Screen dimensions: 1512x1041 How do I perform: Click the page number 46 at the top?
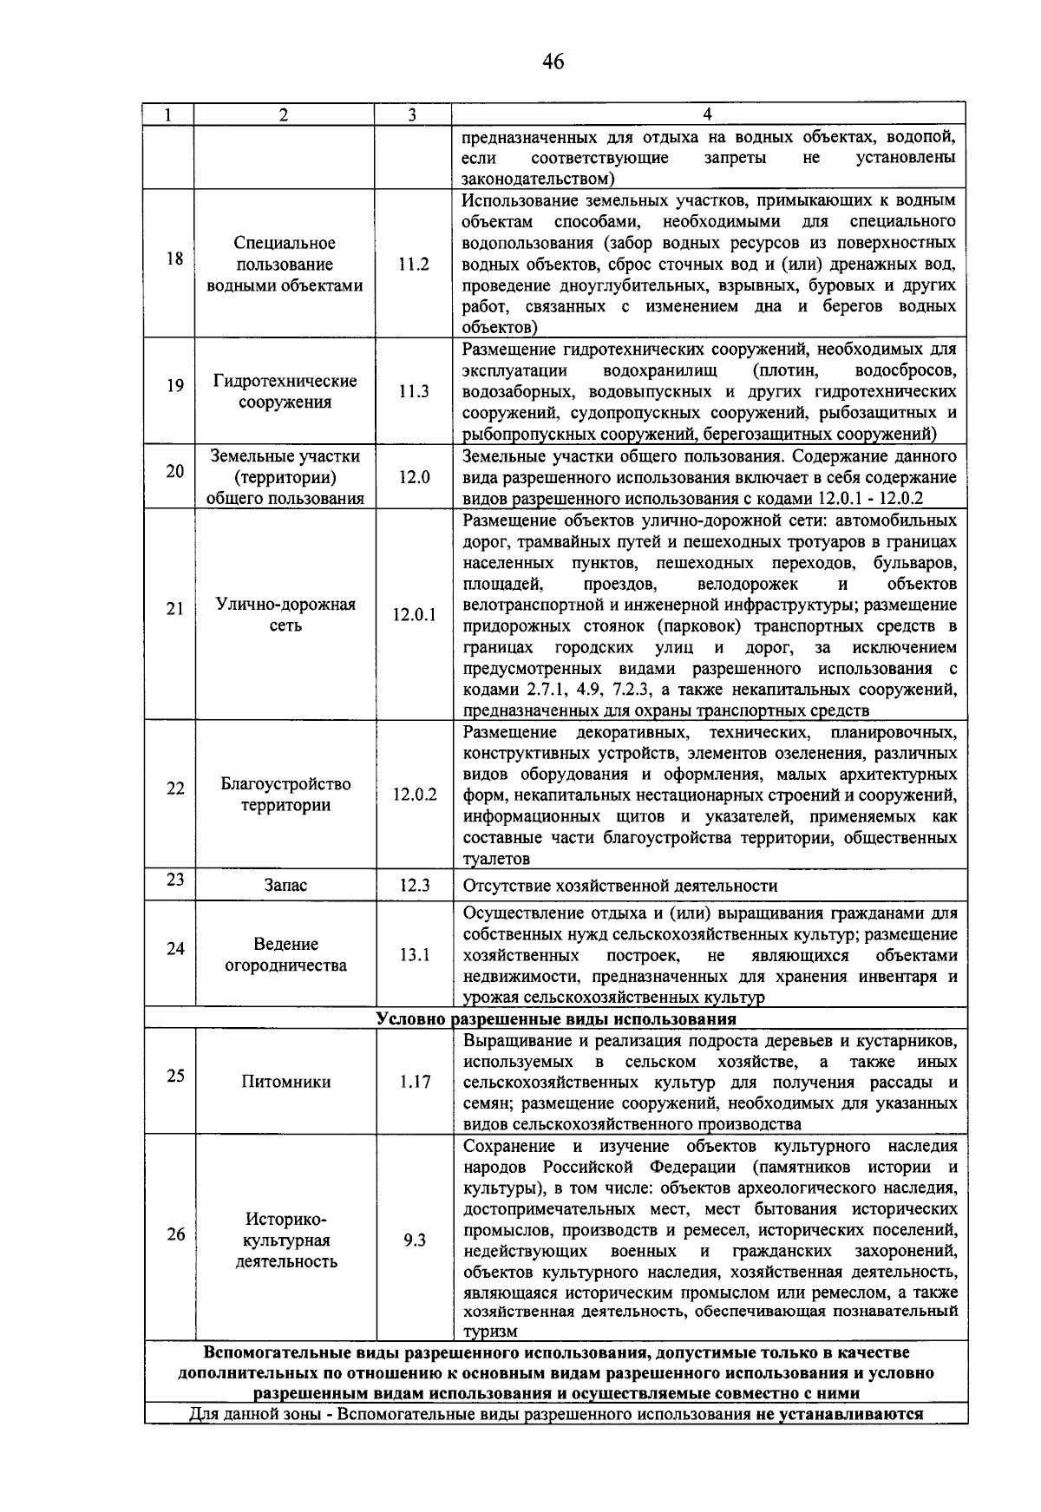(x=553, y=62)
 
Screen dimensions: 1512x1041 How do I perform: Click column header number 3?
(x=412, y=115)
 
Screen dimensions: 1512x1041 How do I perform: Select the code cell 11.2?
(x=414, y=265)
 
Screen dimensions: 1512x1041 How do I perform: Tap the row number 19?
(x=175, y=385)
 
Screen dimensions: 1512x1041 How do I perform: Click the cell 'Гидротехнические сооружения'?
(x=285, y=392)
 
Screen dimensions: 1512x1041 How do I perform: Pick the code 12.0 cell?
(x=414, y=477)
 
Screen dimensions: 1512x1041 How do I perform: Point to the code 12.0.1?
(x=414, y=615)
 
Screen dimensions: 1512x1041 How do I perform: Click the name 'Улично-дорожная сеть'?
(x=285, y=615)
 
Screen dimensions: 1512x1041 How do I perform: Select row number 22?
(x=175, y=789)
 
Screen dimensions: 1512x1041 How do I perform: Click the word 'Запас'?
(x=285, y=886)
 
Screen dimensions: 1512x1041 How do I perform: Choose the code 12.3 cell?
(x=414, y=886)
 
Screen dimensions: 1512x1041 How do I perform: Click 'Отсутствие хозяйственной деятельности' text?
(x=620, y=886)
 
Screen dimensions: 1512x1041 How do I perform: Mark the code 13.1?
(x=414, y=955)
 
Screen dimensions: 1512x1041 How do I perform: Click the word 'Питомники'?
(x=285, y=1083)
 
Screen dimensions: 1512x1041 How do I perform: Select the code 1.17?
(x=414, y=1083)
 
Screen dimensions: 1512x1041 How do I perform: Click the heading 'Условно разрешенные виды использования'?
(x=556, y=1018)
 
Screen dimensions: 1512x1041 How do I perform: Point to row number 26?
(x=175, y=1234)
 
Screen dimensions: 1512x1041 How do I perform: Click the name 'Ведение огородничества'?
(x=285, y=955)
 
